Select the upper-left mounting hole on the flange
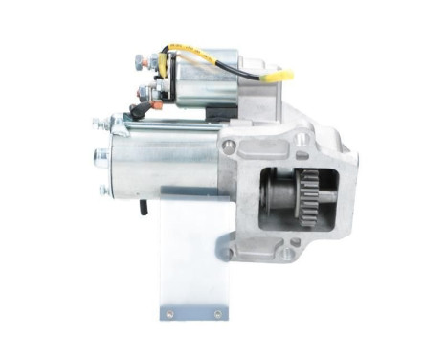click(x=230, y=146)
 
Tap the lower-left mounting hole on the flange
click(x=229, y=252)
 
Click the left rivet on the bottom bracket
click(x=170, y=313)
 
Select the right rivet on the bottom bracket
click(x=219, y=313)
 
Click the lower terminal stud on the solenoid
click(x=144, y=93)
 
